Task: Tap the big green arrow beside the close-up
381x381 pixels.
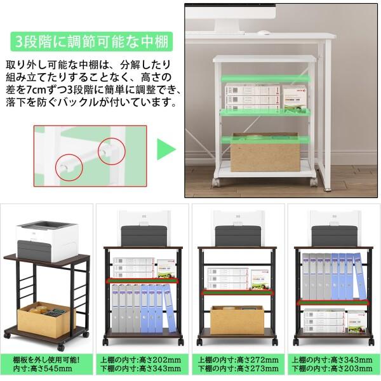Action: (x=166, y=150)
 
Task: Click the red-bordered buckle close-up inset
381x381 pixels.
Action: (x=90, y=158)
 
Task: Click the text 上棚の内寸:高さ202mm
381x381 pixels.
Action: (x=141, y=359)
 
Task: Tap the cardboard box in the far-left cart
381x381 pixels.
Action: (x=46, y=316)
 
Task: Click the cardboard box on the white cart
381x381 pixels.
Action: (x=265, y=153)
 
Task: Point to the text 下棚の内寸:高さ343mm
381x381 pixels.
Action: (x=141, y=368)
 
